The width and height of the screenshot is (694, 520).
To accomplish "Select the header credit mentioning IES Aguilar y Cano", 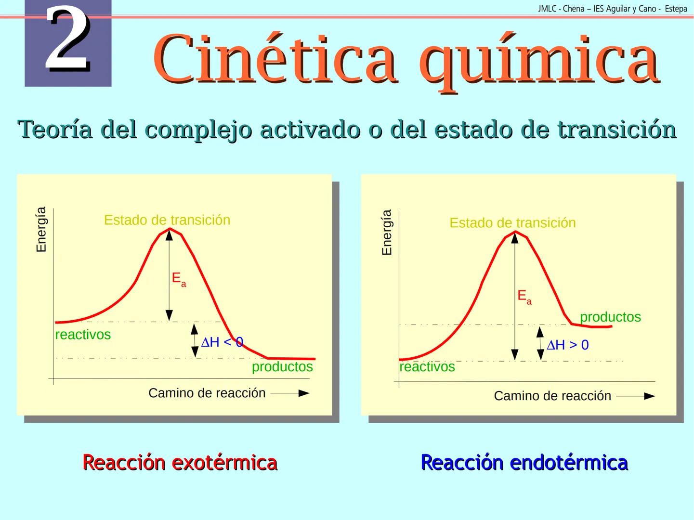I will [x=612, y=9].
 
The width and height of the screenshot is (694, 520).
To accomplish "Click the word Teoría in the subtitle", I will [x=55, y=129].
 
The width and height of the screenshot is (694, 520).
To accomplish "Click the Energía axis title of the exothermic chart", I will [x=41, y=229].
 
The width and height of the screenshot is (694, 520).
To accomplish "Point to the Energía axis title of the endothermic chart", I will [x=387, y=232].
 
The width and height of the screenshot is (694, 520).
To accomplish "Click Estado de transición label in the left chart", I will [x=167, y=220].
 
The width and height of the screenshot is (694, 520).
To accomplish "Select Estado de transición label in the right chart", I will [x=512, y=223].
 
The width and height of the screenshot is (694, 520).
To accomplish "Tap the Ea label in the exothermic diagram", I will [x=178, y=279].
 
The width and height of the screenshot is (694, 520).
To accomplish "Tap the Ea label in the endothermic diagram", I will [x=524, y=297].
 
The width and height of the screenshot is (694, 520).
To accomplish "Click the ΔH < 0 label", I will [x=222, y=342].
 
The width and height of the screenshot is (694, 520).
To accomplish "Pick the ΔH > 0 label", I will [x=567, y=345].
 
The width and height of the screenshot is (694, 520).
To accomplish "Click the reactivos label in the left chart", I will [x=83, y=335].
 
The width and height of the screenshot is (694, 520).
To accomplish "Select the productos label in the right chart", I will [x=610, y=317].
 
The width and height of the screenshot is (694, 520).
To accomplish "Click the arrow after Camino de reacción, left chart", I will [x=290, y=393].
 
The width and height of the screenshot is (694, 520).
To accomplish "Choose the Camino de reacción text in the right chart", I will [x=552, y=396].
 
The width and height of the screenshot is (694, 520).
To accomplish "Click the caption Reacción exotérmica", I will [x=180, y=462].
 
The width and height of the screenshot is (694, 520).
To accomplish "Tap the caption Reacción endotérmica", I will [x=524, y=462].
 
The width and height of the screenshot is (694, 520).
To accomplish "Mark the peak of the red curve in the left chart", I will [x=169, y=229].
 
